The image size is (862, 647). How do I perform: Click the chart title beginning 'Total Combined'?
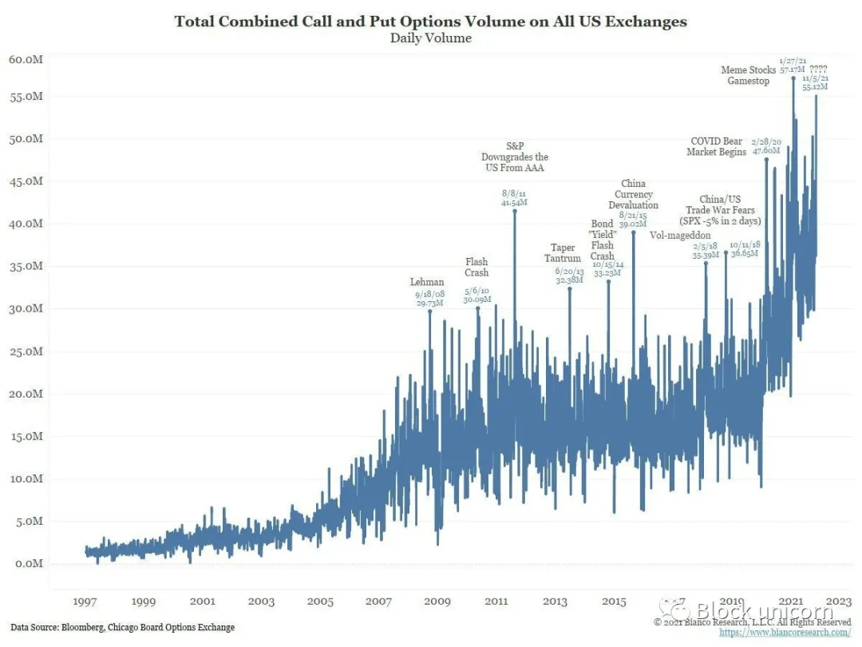[430, 22]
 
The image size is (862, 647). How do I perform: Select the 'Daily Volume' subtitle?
[430, 38]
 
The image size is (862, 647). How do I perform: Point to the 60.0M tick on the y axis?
[26, 59]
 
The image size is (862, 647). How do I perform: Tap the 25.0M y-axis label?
[26, 351]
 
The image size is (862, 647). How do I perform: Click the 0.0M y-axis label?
[28, 564]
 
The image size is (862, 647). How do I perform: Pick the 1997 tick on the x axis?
[85, 601]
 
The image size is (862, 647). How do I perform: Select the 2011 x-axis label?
[496, 601]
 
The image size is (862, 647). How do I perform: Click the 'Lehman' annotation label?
[427, 283]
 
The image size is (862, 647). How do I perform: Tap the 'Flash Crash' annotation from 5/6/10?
[476, 268]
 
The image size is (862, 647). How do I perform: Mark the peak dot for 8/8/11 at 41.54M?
[515, 212]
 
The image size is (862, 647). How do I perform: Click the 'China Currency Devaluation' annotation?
[633, 194]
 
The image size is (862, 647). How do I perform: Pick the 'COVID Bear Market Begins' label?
[716, 147]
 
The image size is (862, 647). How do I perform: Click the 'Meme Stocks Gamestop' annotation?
[748, 76]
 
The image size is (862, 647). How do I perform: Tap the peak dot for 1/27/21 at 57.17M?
[793, 78]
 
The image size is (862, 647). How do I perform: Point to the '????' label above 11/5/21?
[818, 69]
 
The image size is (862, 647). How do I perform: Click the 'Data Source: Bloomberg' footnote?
[123, 627]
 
